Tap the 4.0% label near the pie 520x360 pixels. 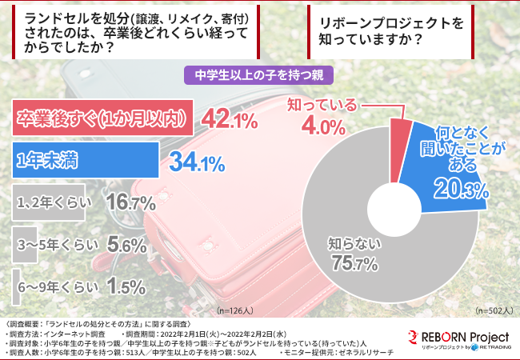322,126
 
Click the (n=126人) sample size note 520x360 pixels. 236,308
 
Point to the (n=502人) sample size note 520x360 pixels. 491,308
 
